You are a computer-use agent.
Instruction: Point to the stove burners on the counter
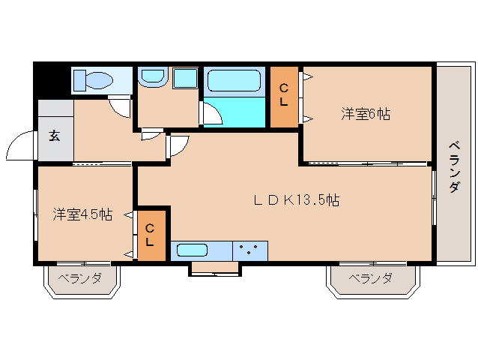tap(250, 250)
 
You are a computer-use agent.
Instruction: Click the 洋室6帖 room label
tap(366, 114)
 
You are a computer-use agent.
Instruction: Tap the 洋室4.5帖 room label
tap(82, 214)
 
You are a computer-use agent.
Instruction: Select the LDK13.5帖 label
tap(296, 200)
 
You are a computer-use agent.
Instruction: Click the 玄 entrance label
tap(55, 136)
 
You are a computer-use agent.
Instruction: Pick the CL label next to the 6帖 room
tap(284, 94)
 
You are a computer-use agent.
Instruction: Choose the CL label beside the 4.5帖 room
tap(150, 235)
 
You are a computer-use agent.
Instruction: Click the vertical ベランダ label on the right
tap(454, 166)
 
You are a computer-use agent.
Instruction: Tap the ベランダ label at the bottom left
tap(80, 278)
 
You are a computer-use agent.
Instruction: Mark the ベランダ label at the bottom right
tap(370, 278)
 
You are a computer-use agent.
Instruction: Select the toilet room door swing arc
tap(120, 106)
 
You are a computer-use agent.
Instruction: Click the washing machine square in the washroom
tap(184, 79)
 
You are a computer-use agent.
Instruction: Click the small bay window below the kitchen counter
tap(214, 268)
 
